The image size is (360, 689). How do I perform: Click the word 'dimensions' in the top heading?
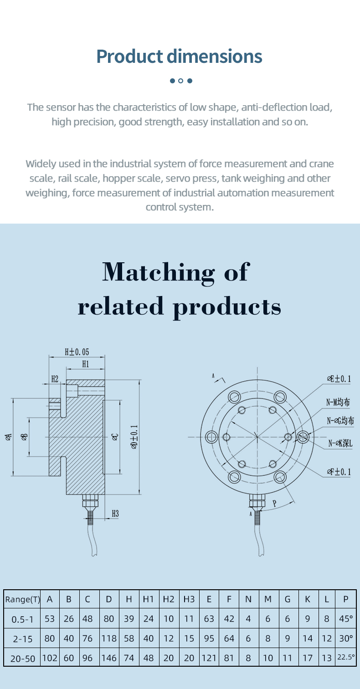click(x=215, y=56)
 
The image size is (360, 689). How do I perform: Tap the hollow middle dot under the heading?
click(x=180, y=81)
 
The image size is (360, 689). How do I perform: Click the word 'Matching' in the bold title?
click(x=158, y=272)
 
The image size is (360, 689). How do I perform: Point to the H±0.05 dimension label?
click(x=77, y=352)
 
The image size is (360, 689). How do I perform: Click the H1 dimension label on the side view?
click(x=86, y=364)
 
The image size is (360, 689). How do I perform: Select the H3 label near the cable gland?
click(x=115, y=513)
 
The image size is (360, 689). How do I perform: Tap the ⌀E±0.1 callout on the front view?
click(x=339, y=378)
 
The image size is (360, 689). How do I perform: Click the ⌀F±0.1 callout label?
click(x=339, y=471)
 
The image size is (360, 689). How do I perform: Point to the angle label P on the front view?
click(x=274, y=504)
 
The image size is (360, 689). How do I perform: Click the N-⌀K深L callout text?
click(x=340, y=443)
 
